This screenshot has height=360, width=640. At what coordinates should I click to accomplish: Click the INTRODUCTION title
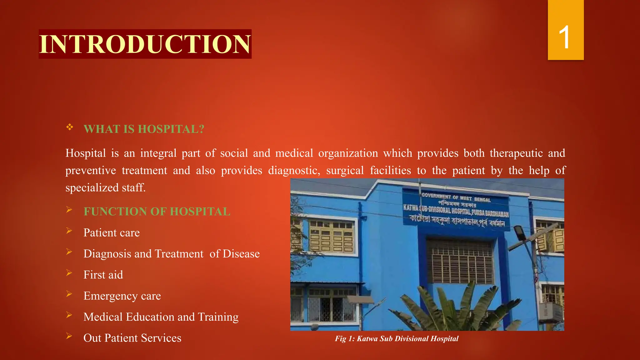coord(145,44)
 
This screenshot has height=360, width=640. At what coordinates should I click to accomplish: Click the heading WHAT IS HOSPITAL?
coord(144,129)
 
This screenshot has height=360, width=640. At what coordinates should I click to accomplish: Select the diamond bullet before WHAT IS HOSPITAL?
coord(69,127)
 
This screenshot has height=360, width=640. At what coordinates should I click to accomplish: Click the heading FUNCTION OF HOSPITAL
coord(157,212)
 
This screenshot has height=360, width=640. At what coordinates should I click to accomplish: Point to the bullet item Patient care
coord(111,233)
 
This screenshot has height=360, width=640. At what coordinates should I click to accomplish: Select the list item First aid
coord(103,275)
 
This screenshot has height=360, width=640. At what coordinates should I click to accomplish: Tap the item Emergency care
coord(122,296)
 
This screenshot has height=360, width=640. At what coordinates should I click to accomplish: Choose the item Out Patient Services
coord(132,338)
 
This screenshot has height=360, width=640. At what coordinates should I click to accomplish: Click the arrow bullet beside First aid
coord(69,273)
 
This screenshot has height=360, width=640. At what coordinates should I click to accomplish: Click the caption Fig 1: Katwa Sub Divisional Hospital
coord(397,339)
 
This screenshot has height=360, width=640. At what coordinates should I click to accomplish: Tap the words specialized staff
coord(105,187)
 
